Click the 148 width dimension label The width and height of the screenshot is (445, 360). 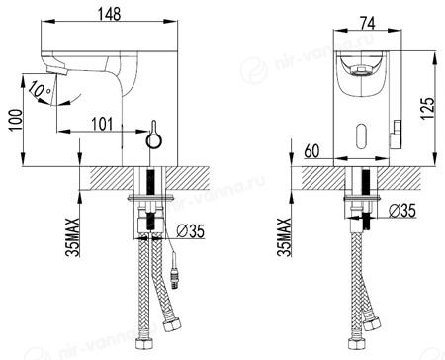109,14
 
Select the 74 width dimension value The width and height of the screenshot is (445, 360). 367,24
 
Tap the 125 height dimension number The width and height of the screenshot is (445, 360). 428,109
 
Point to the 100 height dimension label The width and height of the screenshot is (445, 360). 16,120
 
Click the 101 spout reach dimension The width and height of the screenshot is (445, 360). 102,124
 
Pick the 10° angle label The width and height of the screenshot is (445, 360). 40,90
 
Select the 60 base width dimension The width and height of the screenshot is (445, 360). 311,151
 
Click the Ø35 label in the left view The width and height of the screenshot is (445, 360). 190,231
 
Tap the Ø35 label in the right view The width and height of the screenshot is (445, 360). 401,211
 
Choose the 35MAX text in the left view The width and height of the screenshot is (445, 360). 72,236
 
